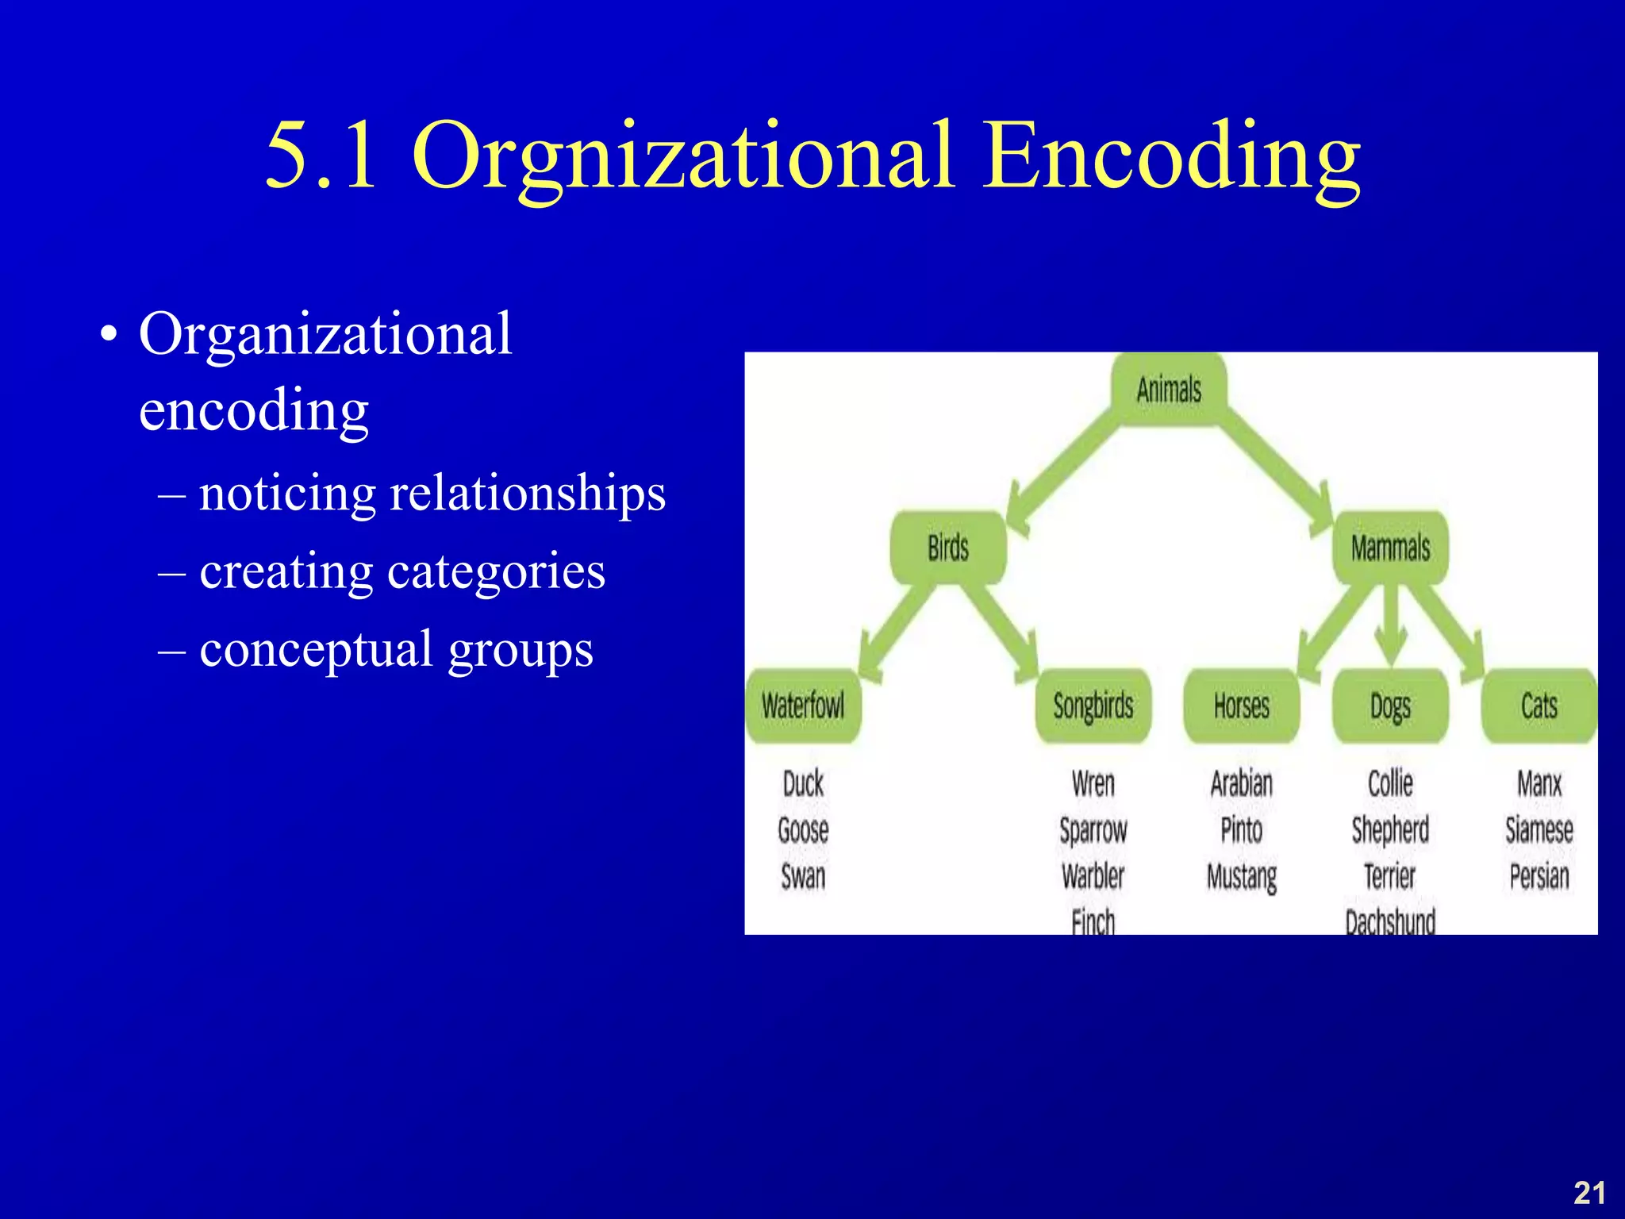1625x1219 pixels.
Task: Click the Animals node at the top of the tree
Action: pyautogui.click(x=1169, y=390)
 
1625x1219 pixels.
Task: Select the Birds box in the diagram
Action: pyautogui.click(x=948, y=548)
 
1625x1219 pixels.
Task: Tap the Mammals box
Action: pyautogui.click(x=1390, y=548)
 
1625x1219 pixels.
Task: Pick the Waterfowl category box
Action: pyautogui.click(x=803, y=706)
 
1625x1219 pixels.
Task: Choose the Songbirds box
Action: pyautogui.click(x=1093, y=706)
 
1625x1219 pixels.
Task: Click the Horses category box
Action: pyautogui.click(x=1241, y=706)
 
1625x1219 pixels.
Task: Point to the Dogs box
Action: pyautogui.click(x=1390, y=706)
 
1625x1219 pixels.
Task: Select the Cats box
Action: pyautogui.click(x=1539, y=706)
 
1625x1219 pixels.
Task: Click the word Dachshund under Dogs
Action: pyautogui.click(x=1390, y=921)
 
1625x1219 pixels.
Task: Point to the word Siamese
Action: pyautogui.click(x=1539, y=830)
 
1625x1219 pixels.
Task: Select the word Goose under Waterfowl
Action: pyautogui.click(x=803, y=830)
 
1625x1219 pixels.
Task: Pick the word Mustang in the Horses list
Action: pyautogui.click(x=1241, y=877)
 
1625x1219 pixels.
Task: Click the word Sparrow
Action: pyautogui.click(x=1093, y=830)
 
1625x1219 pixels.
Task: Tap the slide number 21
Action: pyautogui.click(x=1589, y=1193)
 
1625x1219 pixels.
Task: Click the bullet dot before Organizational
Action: pyautogui.click(x=109, y=335)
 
